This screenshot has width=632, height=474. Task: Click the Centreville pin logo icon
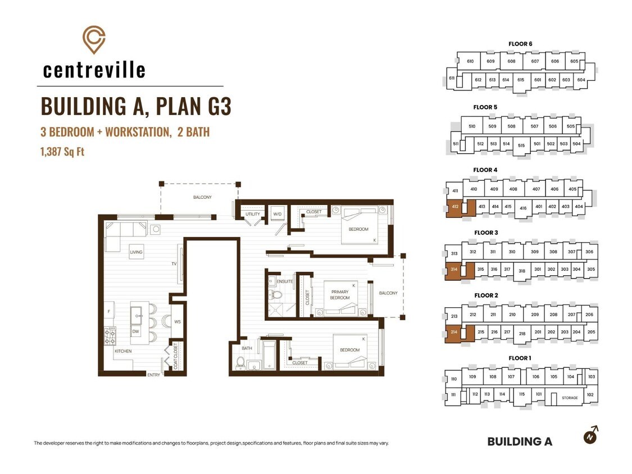click(x=94, y=39)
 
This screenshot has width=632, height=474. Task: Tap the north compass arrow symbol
click(x=592, y=435)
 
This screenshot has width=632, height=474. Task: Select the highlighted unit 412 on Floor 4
click(x=455, y=207)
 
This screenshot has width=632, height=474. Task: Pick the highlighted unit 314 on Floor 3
click(x=454, y=270)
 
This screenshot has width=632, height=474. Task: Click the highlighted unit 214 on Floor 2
click(x=454, y=332)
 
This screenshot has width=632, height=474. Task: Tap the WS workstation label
click(x=178, y=322)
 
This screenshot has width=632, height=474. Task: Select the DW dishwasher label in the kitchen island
click(x=135, y=332)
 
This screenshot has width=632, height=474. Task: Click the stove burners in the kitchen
click(x=110, y=336)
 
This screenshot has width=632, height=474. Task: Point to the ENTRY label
click(x=153, y=375)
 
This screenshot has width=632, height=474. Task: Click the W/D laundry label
click(x=278, y=214)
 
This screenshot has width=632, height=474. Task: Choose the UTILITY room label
click(x=253, y=214)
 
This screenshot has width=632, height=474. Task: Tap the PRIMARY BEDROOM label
click(x=340, y=295)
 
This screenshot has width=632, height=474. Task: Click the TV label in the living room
click(x=174, y=264)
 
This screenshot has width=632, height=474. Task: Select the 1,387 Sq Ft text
click(x=62, y=152)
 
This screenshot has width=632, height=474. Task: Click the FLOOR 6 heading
click(x=520, y=44)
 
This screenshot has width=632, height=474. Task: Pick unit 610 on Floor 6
click(x=470, y=61)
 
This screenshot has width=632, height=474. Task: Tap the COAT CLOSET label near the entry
click(x=175, y=356)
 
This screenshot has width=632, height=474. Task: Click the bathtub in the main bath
click(x=269, y=355)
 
